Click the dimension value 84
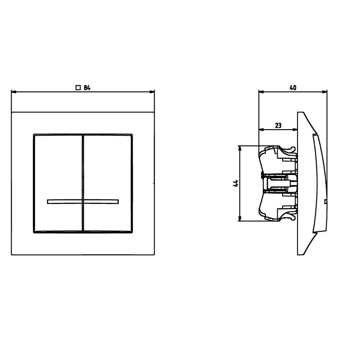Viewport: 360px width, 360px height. point(87,88)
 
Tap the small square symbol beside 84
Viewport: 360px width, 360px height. point(78,87)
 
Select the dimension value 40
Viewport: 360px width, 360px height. point(293,88)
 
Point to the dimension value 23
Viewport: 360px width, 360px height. point(278,126)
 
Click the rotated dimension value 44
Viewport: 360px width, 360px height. point(236,184)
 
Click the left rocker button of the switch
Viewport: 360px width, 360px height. point(58,183)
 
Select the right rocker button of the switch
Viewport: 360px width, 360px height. point(108,183)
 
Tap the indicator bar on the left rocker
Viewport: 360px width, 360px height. point(64,202)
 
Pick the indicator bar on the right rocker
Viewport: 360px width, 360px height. point(101,202)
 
